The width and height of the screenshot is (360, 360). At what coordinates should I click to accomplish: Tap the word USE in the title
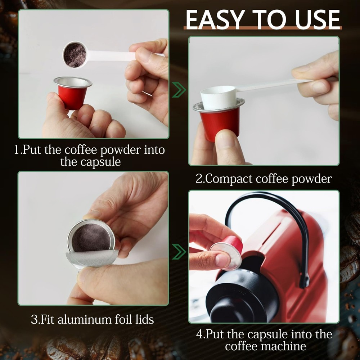(317, 19)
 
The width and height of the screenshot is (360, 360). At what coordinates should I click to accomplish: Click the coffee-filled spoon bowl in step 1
(75, 55)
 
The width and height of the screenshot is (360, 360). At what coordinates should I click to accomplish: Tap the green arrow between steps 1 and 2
(179, 90)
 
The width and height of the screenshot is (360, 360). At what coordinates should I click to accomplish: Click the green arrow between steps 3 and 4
(179, 252)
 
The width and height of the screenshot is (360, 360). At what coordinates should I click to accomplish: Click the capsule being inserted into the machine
(226, 253)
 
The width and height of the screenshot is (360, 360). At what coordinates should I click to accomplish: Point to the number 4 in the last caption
(199, 334)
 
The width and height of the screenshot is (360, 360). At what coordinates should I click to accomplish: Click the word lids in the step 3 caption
(144, 319)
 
